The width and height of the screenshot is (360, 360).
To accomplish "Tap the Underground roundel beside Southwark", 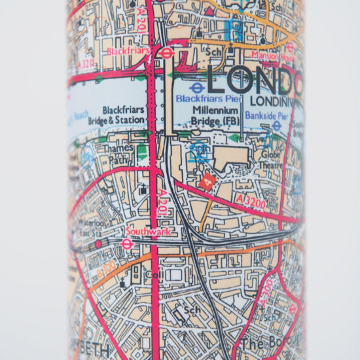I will [x=128, y=243].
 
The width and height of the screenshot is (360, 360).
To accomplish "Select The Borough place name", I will [x=268, y=343].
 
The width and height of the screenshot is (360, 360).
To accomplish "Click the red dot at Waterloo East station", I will [x=99, y=243].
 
